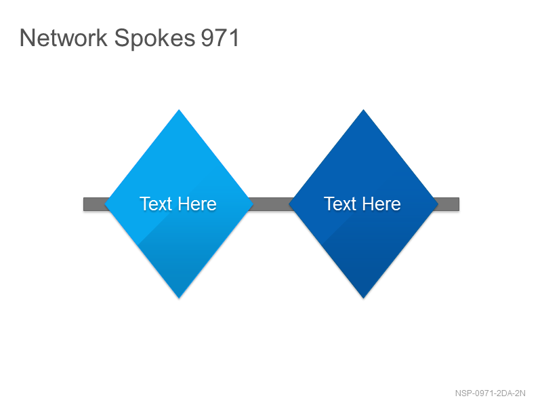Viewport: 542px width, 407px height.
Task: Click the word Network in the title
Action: coord(64,38)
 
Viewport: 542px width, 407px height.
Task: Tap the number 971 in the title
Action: coord(220,38)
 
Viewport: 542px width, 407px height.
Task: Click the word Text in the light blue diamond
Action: coord(156,203)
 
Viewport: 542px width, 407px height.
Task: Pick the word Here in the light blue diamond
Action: coord(197,203)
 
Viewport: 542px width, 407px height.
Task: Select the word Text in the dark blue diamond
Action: coord(340,203)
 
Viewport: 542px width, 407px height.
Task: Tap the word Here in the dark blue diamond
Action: coord(381,203)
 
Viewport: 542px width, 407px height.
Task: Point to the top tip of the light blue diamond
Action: coord(179,110)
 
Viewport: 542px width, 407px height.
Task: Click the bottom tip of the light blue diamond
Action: coord(179,298)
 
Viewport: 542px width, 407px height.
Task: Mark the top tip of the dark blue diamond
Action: coord(363,110)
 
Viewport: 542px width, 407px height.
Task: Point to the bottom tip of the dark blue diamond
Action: coord(363,298)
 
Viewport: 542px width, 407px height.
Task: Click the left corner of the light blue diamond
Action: coord(105,204)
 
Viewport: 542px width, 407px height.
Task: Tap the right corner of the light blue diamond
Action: coord(253,204)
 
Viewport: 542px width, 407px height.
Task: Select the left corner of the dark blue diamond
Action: coord(289,204)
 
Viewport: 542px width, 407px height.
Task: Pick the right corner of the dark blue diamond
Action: coord(438,204)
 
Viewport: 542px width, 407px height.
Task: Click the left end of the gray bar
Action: coord(84,204)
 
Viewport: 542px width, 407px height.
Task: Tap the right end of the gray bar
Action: coord(459,204)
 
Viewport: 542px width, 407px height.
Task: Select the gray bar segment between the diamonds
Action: coord(272,204)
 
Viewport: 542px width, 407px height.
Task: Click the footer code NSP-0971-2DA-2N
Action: coord(490,393)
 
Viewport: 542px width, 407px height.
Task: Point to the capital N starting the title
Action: coord(26,38)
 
